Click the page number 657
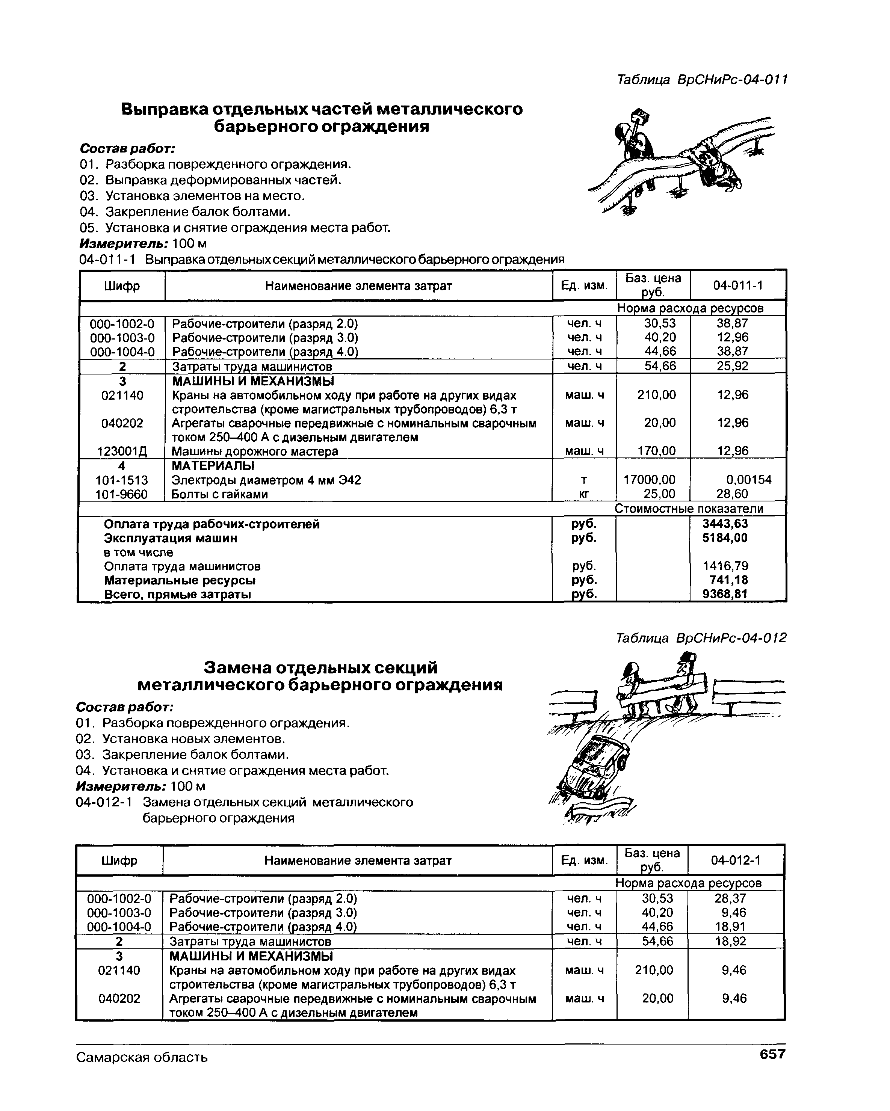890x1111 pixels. pyautogui.click(x=772, y=1054)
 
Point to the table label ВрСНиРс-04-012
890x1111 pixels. pyautogui.click(x=701, y=639)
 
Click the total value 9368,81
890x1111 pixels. pyautogui.click(x=725, y=594)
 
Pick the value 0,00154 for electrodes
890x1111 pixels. pyautogui.click(x=748, y=480)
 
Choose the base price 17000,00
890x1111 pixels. pyautogui.click(x=649, y=480)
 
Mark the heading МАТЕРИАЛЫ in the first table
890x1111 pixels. pyautogui.click(x=213, y=466)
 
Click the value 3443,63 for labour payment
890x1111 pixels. pyautogui.click(x=725, y=524)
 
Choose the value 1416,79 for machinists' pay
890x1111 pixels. pyautogui.click(x=725, y=566)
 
